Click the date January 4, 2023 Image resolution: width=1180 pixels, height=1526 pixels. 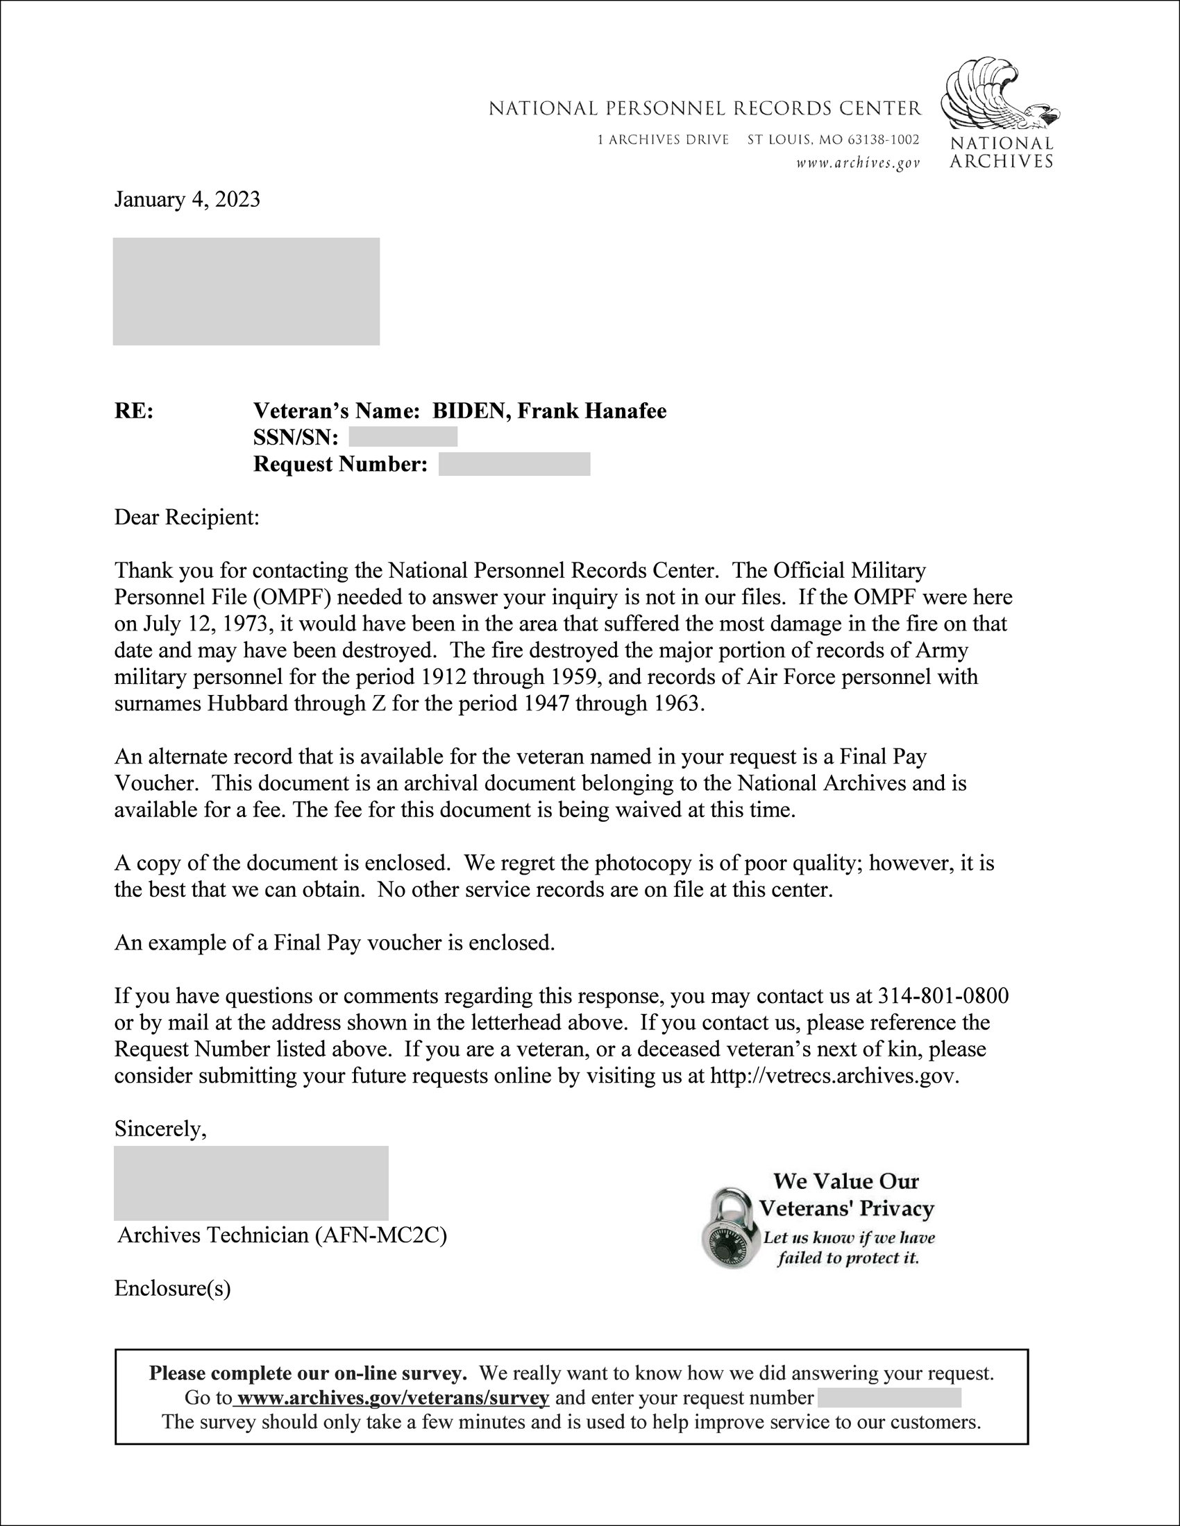(x=187, y=200)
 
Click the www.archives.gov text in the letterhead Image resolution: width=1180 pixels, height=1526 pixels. (x=858, y=164)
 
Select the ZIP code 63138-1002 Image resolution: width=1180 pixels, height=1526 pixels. (x=883, y=139)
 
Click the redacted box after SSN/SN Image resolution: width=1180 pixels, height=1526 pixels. (x=403, y=437)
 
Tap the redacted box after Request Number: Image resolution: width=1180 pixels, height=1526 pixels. (x=514, y=464)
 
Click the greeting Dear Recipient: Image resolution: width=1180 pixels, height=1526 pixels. (x=187, y=517)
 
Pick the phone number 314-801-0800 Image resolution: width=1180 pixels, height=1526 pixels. (x=943, y=995)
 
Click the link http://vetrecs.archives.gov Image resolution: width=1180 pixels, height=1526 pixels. (x=832, y=1075)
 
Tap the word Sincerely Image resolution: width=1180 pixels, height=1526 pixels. (x=160, y=1129)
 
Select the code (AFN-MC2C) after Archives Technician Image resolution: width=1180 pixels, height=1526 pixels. (x=381, y=1235)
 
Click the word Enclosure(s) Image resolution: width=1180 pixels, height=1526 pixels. (x=172, y=1289)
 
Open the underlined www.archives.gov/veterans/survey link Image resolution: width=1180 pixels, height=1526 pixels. (x=393, y=1398)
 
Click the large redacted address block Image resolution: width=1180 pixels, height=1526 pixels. (x=246, y=291)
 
